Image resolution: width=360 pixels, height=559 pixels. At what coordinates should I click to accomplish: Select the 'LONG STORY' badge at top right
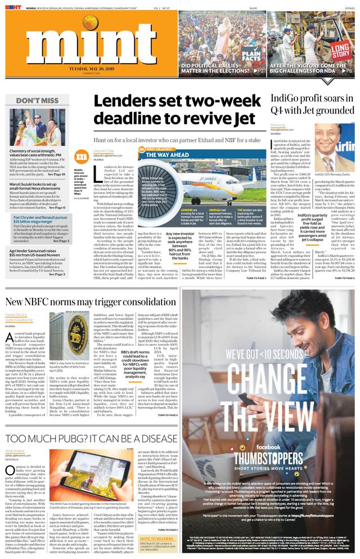click(x=341, y=50)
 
